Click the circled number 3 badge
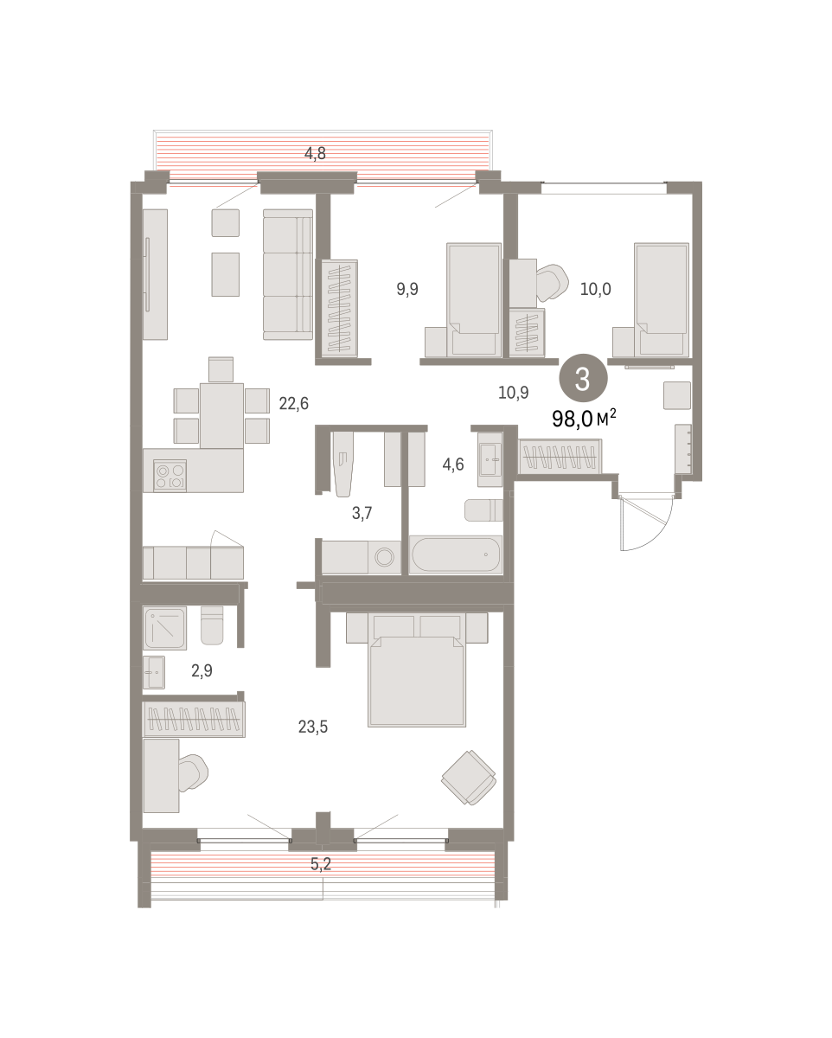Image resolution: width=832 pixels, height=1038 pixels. pos(583,378)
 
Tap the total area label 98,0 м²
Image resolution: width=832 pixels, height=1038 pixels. pos(584,418)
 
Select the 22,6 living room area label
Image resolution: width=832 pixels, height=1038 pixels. pos(293,403)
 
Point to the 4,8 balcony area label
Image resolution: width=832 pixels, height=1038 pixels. pos(315,153)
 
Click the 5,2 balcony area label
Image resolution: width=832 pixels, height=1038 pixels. pos(321,864)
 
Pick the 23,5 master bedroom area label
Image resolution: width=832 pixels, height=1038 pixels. pos(312,727)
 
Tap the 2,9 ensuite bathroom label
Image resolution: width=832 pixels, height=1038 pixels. pos(202,670)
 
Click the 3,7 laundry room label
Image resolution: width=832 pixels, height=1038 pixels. pos(362,513)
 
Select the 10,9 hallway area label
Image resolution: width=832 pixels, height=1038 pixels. pos(513,393)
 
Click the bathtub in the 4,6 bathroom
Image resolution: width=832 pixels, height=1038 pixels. pos(455,554)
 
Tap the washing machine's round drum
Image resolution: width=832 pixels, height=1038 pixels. pos(384,558)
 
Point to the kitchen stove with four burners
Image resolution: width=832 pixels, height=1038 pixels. pos(170,476)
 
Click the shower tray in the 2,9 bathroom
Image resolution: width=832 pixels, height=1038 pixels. pos(164,628)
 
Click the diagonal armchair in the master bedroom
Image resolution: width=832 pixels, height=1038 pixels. pos(470,778)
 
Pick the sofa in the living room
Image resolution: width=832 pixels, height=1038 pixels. pos(287,274)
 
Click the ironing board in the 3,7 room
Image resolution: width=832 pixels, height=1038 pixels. pos(343,464)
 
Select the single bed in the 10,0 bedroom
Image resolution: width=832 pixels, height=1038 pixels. pos(662,299)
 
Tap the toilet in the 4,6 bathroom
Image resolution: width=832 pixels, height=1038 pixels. pos(483,510)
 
